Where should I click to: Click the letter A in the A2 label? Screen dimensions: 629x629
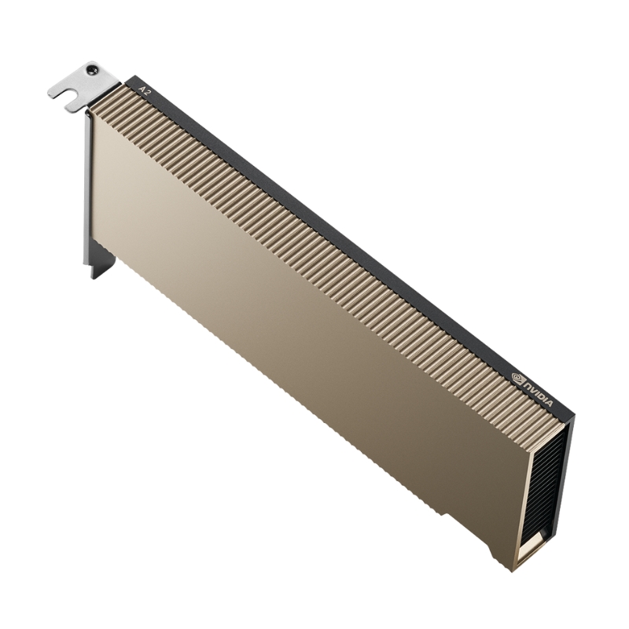141,87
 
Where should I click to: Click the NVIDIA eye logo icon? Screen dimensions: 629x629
518,379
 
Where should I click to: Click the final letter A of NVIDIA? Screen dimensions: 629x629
550,404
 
